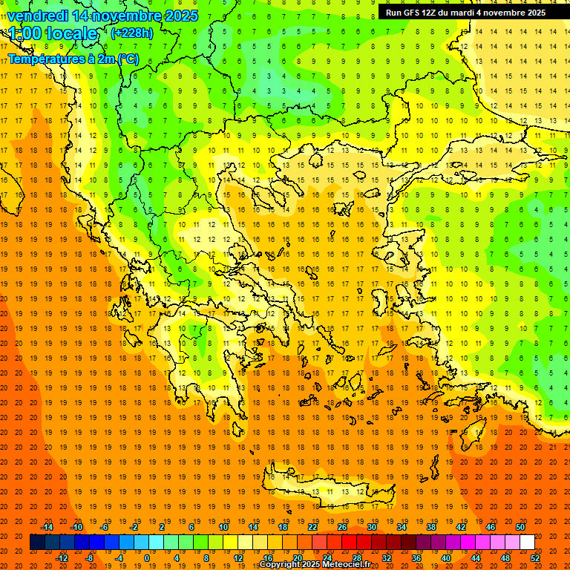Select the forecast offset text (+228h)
[131, 33]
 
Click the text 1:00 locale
[53, 33]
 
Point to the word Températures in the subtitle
[41, 59]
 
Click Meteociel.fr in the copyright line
[347, 565]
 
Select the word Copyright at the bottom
[281, 565]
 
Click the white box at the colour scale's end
[527, 543]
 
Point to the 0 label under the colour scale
[146, 558]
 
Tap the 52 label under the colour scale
[536, 558]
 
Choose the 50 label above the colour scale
[520, 527]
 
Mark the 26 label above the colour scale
[342, 527]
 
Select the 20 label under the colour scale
[297, 558]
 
